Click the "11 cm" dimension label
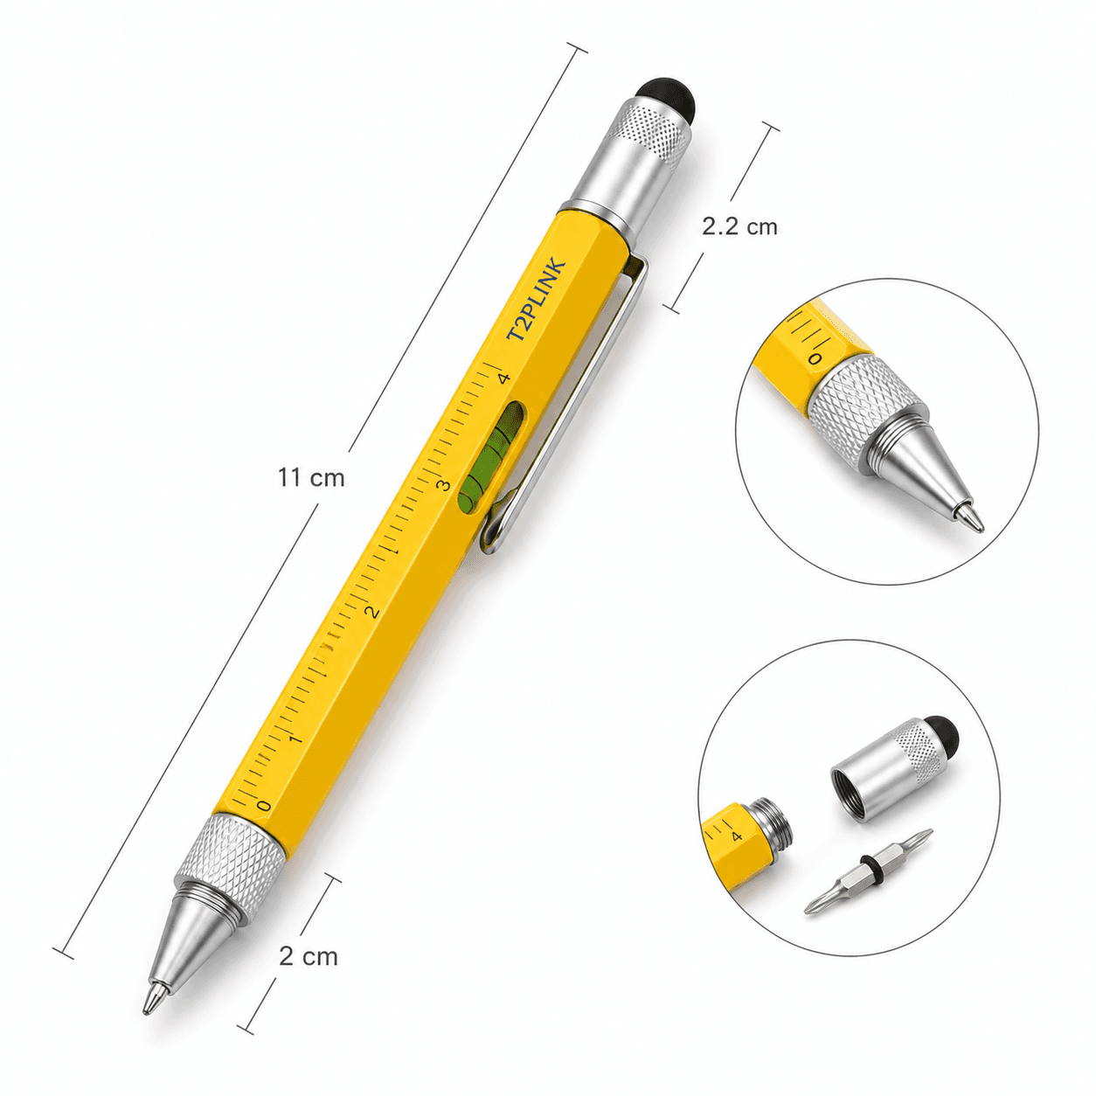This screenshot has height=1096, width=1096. [x=311, y=478]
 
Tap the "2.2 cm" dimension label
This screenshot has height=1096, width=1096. [x=739, y=227]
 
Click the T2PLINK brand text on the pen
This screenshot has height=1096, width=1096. [x=536, y=301]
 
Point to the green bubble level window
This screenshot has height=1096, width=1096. [x=492, y=454]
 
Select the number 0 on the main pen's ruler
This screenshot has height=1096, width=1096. [x=263, y=805]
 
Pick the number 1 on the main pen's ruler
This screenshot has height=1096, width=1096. [x=295, y=739]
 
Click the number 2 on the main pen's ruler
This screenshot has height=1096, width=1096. [x=372, y=612]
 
